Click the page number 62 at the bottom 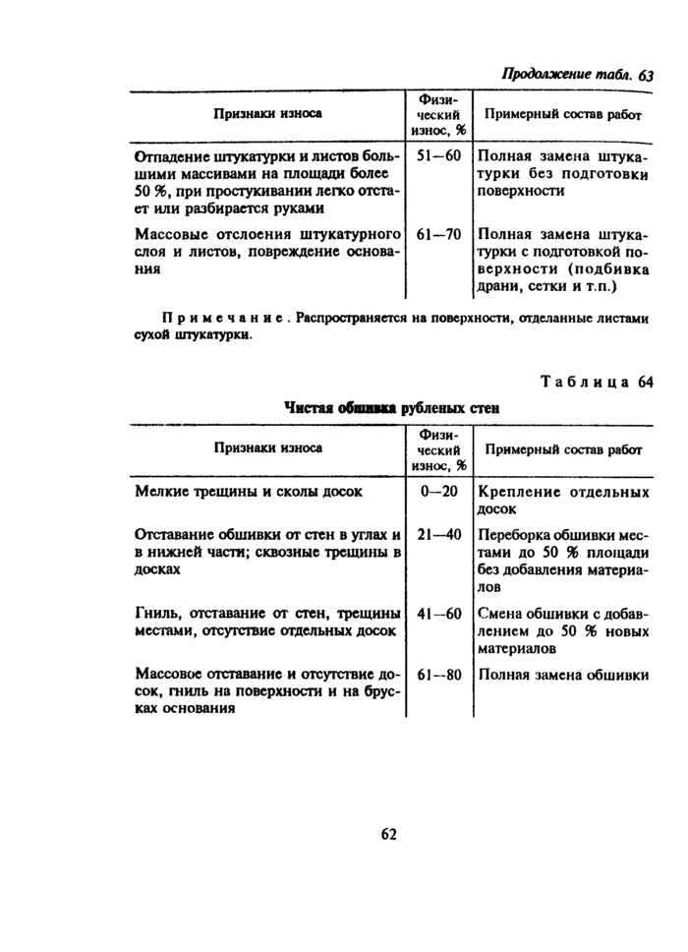click(387, 834)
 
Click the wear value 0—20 click(438, 491)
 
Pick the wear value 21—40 click(438, 534)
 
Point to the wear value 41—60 click(438, 614)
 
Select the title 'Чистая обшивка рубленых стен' click(391, 407)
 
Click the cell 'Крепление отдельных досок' click(563, 500)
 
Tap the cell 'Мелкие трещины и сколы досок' click(249, 491)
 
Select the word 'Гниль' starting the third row click(155, 614)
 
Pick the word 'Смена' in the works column click(500, 614)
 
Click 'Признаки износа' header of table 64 click(268, 447)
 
